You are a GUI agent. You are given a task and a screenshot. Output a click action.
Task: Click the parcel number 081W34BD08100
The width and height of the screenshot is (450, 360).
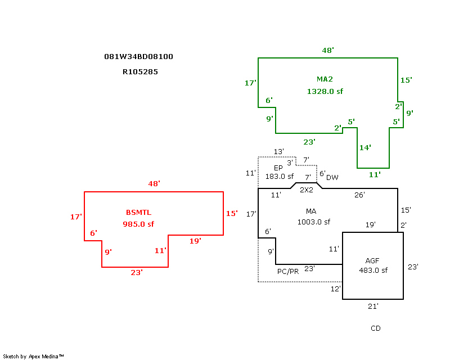pyautogui.click(x=138, y=57)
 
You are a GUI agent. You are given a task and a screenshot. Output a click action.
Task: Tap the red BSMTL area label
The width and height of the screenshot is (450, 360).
pyautogui.click(x=138, y=212)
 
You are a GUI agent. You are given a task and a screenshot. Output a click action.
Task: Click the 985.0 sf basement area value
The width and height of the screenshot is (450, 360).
pyautogui.click(x=138, y=224)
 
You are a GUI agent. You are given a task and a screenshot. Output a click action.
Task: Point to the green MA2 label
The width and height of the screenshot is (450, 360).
pyautogui.click(x=325, y=79)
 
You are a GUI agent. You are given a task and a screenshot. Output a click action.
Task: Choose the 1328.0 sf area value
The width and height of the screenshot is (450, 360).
pyautogui.click(x=325, y=91)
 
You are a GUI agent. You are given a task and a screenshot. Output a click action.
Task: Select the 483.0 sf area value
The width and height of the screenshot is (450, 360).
pyautogui.click(x=373, y=270)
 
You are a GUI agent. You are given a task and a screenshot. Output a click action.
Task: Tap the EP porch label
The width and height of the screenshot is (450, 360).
pyautogui.click(x=278, y=168)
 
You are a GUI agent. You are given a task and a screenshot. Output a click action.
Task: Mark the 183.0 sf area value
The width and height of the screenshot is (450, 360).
pyautogui.click(x=280, y=177)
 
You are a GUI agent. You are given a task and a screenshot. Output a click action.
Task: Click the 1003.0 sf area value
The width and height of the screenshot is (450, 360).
pyautogui.click(x=314, y=222)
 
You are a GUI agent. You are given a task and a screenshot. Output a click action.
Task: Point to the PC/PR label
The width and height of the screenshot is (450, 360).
pyautogui.click(x=288, y=271)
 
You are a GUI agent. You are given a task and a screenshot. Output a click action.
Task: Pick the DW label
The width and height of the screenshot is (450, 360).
pyautogui.click(x=332, y=177)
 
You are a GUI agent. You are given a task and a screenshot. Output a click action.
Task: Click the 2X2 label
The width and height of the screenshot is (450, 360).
pyautogui.click(x=306, y=190)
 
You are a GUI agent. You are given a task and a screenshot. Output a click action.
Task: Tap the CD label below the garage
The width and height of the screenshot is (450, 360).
pyautogui.click(x=376, y=328)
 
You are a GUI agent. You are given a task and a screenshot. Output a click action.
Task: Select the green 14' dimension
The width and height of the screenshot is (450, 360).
pyautogui.click(x=365, y=148)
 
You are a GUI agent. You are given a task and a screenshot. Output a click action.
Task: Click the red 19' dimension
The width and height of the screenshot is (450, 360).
pyautogui.click(x=195, y=241)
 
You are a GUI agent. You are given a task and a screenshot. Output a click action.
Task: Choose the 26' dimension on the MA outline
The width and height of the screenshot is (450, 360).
pyautogui.click(x=359, y=195)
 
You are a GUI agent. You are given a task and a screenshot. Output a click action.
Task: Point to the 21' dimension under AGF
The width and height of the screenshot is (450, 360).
pyautogui.click(x=373, y=307)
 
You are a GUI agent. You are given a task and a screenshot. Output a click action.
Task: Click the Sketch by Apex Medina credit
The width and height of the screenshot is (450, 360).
pyautogui.click(x=34, y=356)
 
